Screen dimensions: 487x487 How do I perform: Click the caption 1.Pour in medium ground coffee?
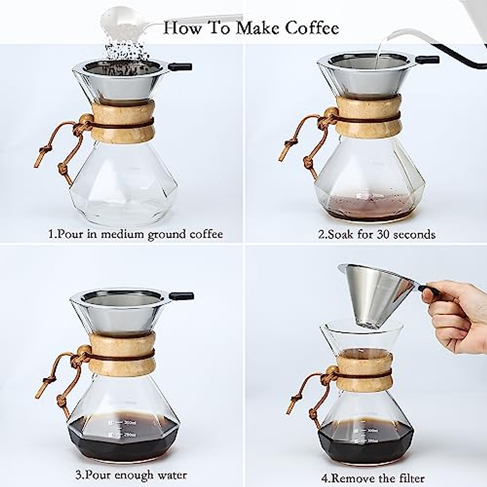click(x=136, y=234)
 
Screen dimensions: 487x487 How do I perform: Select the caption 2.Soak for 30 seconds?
click(x=377, y=234)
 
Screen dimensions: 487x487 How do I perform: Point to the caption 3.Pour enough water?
click(x=131, y=474)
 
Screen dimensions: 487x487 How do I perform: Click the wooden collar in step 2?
click(x=368, y=116)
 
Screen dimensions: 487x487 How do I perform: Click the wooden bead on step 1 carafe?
click(x=86, y=120)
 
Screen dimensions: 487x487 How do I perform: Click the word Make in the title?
click(x=251, y=28)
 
